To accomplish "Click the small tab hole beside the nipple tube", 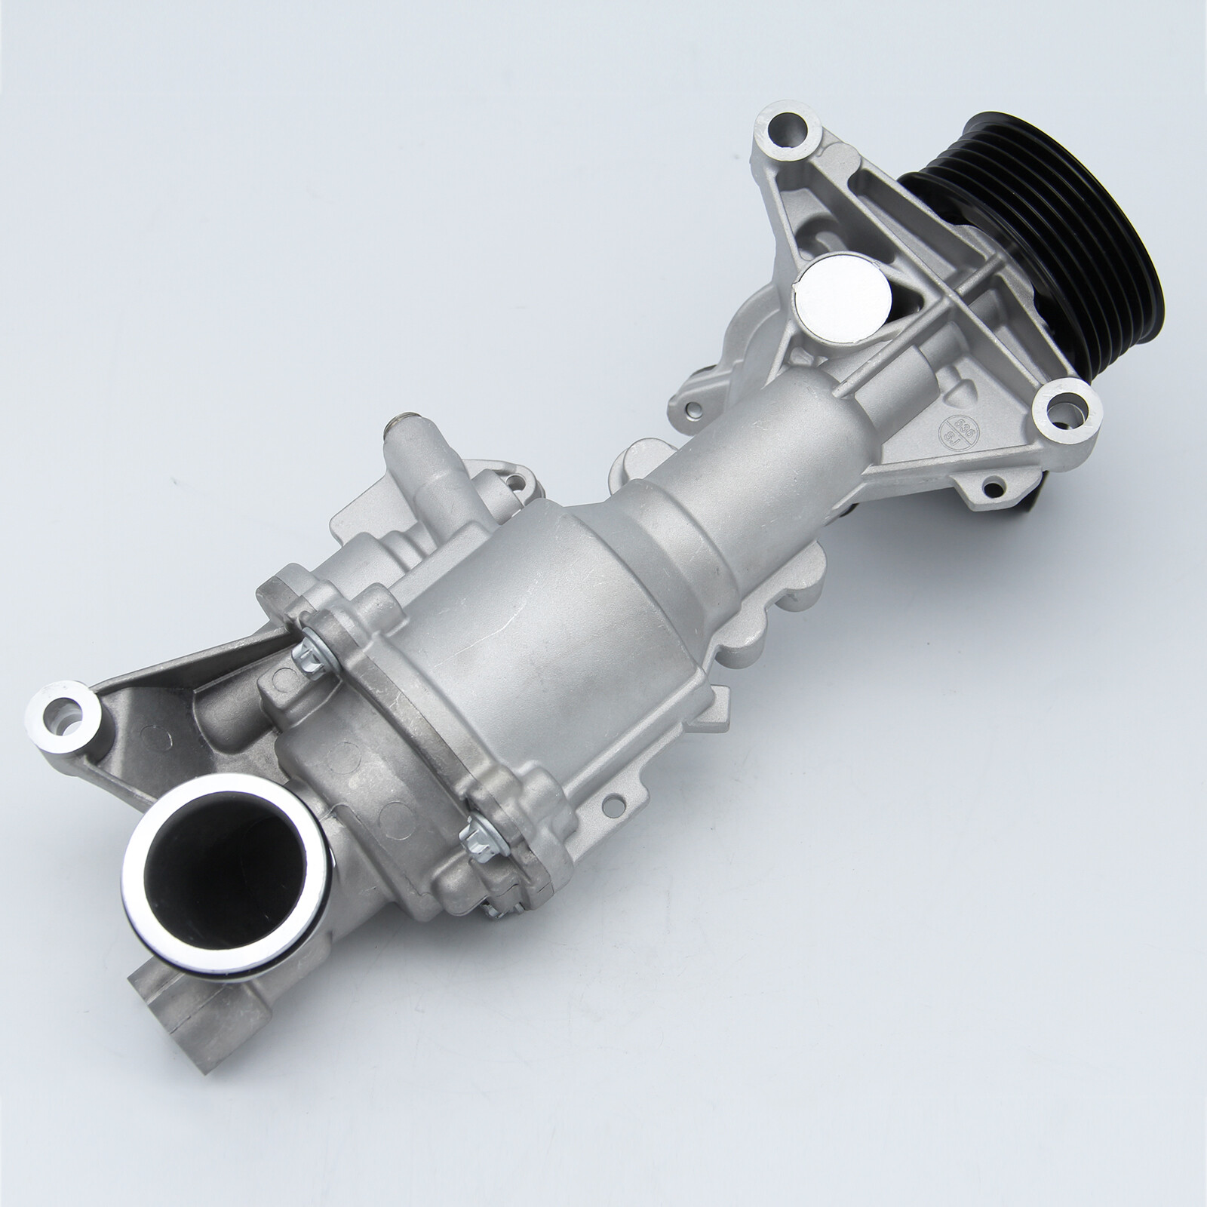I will tap(515, 478).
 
